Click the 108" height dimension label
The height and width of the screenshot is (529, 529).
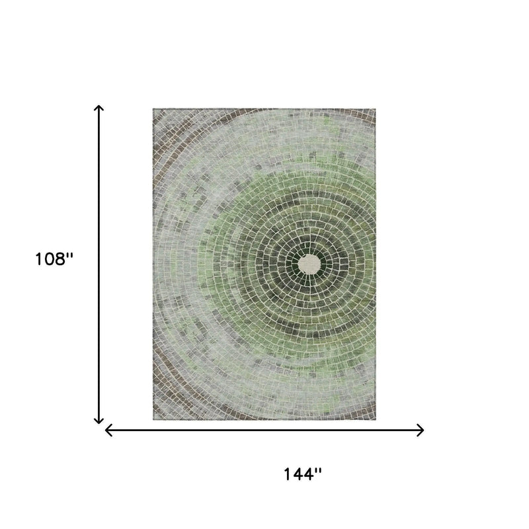point(54,259)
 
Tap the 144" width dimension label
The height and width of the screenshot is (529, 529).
point(303,474)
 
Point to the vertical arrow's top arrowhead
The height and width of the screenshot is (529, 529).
point(99,108)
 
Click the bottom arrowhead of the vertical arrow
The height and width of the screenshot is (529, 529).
point(99,421)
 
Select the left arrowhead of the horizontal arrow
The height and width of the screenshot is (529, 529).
point(108,430)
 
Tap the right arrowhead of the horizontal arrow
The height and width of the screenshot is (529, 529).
point(421,430)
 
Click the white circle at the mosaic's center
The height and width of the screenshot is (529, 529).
point(309,264)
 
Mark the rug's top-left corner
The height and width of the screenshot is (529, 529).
point(153,108)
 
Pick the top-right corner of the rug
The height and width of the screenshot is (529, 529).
point(376,108)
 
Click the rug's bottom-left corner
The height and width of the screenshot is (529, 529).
point(153,420)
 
